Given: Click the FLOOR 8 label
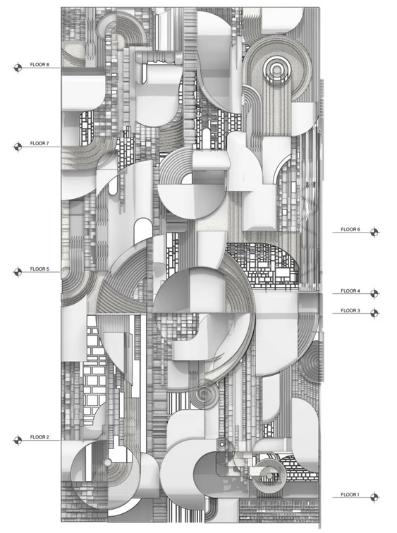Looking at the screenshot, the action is point(39,64).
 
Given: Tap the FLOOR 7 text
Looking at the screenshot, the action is point(39,143).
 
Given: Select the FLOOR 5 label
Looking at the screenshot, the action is point(39,269).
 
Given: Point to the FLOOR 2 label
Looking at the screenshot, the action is point(39,437).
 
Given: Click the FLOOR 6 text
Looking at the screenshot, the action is point(350,229).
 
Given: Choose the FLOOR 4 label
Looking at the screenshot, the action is point(350,290).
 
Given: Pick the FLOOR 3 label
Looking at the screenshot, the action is point(350,310).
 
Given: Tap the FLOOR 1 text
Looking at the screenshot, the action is point(350,495).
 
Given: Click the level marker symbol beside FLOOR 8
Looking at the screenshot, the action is point(18,68).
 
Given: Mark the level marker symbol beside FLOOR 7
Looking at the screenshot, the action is point(18,147).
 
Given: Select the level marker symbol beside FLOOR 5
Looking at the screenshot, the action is point(18,272).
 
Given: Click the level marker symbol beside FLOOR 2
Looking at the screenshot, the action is point(18,441).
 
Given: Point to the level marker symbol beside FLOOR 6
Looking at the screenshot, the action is point(374,232).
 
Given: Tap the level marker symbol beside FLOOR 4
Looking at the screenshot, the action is point(374,293).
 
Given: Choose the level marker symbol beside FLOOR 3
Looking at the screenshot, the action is point(374,313).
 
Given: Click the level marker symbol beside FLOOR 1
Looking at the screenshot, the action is point(374,497).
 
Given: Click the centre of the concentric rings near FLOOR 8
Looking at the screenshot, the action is point(277,70).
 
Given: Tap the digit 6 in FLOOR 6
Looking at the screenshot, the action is point(358,229).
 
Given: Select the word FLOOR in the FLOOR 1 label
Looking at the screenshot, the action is point(348,495).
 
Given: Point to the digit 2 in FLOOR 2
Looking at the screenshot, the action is point(47,437).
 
